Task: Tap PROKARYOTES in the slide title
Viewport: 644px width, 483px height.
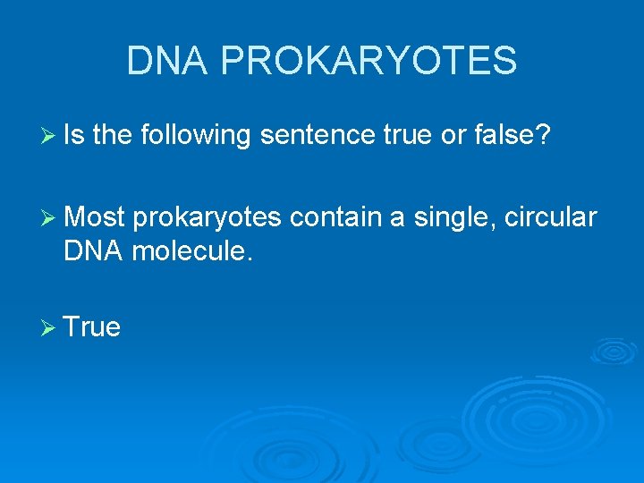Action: (368, 61)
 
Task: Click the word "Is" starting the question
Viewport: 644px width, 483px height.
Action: (74, 135)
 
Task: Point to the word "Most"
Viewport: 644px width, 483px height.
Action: (96, 216)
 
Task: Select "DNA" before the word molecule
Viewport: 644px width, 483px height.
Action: (94, 250)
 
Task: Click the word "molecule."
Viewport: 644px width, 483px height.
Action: (192, 250)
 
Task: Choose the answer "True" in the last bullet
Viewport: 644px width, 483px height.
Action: (92, 327)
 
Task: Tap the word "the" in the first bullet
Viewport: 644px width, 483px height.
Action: (112, 135)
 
